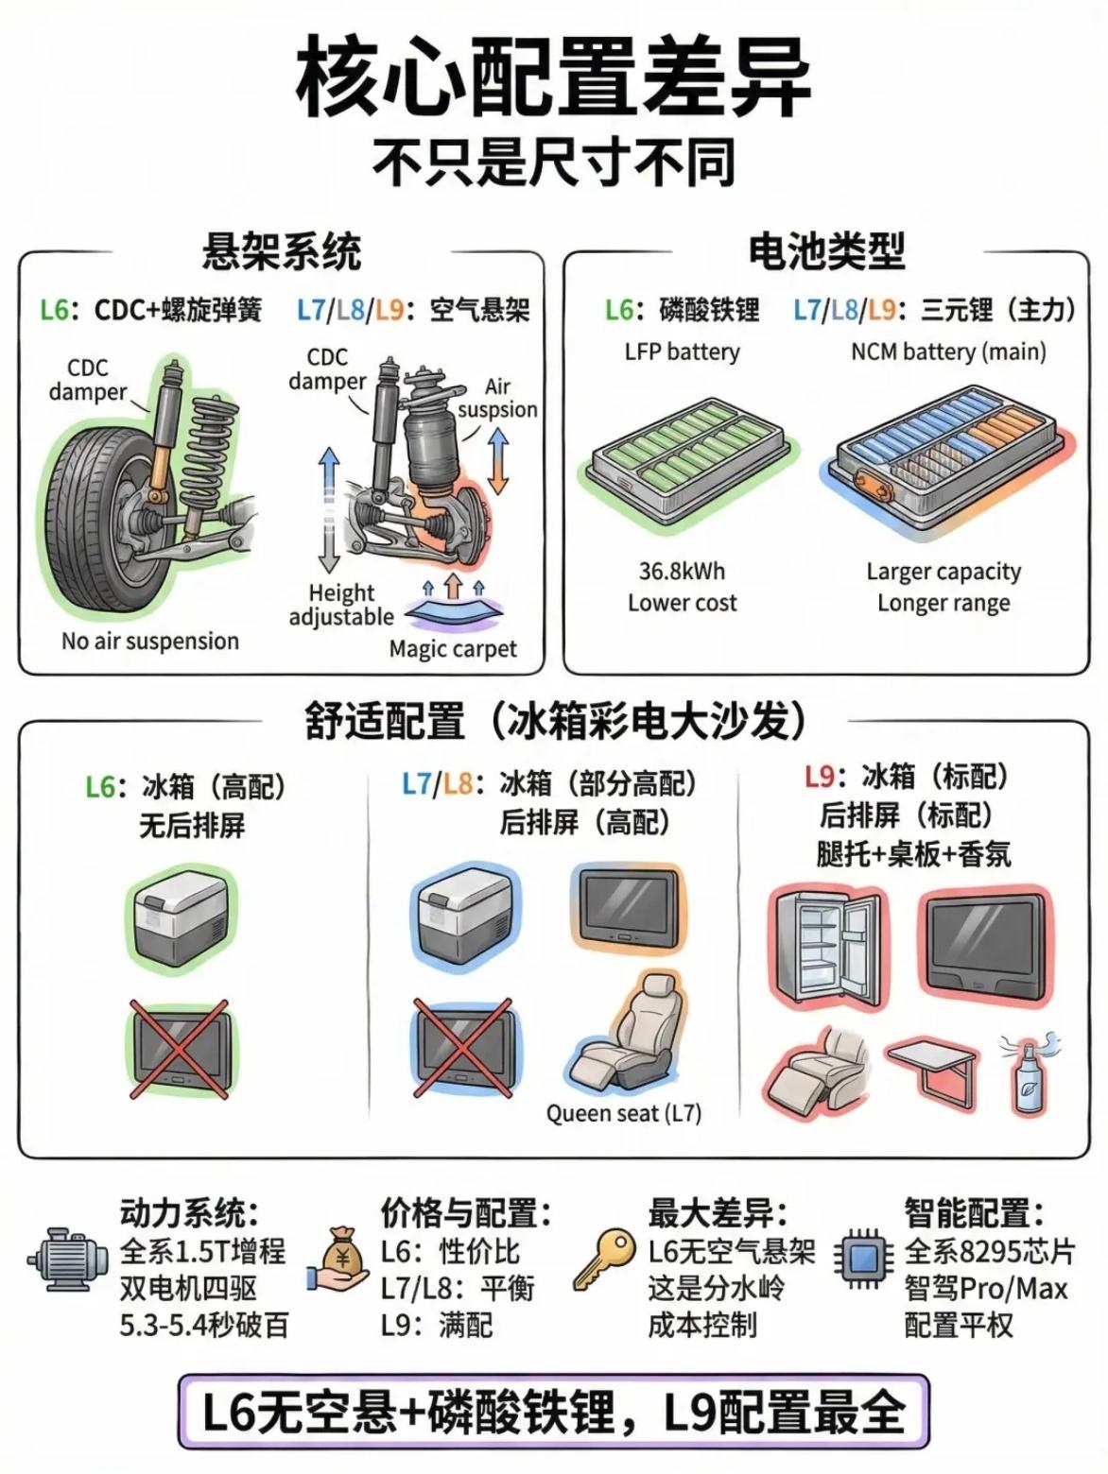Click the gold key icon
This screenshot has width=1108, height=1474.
603,1260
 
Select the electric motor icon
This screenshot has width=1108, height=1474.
66,1260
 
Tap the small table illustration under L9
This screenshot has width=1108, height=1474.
932,1072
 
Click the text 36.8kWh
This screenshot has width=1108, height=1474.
682,572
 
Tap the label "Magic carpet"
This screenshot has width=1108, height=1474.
453,649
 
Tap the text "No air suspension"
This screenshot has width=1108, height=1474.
149,642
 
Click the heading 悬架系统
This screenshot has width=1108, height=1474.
282,252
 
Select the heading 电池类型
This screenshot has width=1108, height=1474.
826,252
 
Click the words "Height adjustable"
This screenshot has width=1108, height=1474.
341,605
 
